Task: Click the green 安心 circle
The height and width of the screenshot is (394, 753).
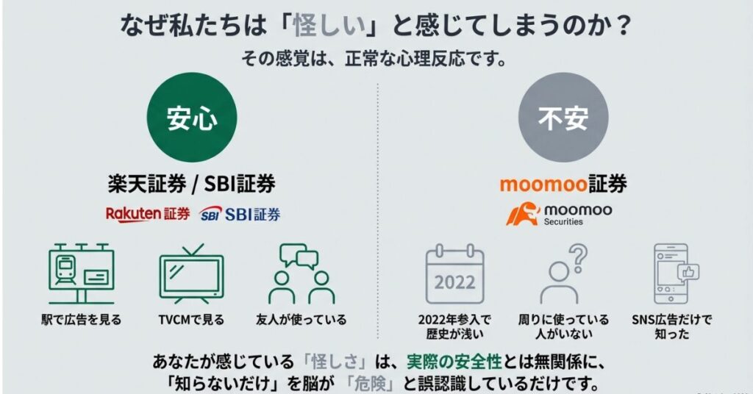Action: [192, 117]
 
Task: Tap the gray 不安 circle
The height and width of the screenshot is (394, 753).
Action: [563, 117]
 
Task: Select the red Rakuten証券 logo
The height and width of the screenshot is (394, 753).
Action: [148, 214]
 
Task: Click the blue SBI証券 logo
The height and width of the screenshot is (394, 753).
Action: [240, 214]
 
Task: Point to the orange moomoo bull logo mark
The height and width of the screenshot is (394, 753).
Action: [523, 214]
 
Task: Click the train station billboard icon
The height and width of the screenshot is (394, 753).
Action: [81, 273]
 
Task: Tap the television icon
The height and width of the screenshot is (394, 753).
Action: [191, 273]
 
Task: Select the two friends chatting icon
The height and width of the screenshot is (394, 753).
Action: [301, 273]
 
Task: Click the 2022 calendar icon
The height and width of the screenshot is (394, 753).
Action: [454, 273]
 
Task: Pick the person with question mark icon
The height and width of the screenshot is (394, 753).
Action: [563, 273]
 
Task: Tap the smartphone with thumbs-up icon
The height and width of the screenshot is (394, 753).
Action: [674, 273]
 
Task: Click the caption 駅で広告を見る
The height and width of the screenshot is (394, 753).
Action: [81, 320]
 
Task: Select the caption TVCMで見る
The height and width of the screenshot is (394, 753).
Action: [191, 320]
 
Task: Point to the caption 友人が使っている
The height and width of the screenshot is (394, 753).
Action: [301, 320]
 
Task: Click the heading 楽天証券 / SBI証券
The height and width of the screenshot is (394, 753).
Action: [192, 184]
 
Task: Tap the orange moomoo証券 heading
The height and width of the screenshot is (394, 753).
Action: [563, 184]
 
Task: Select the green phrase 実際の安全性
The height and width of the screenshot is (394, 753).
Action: [454, 362]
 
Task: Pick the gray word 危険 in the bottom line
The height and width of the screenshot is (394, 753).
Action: [371, 384]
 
